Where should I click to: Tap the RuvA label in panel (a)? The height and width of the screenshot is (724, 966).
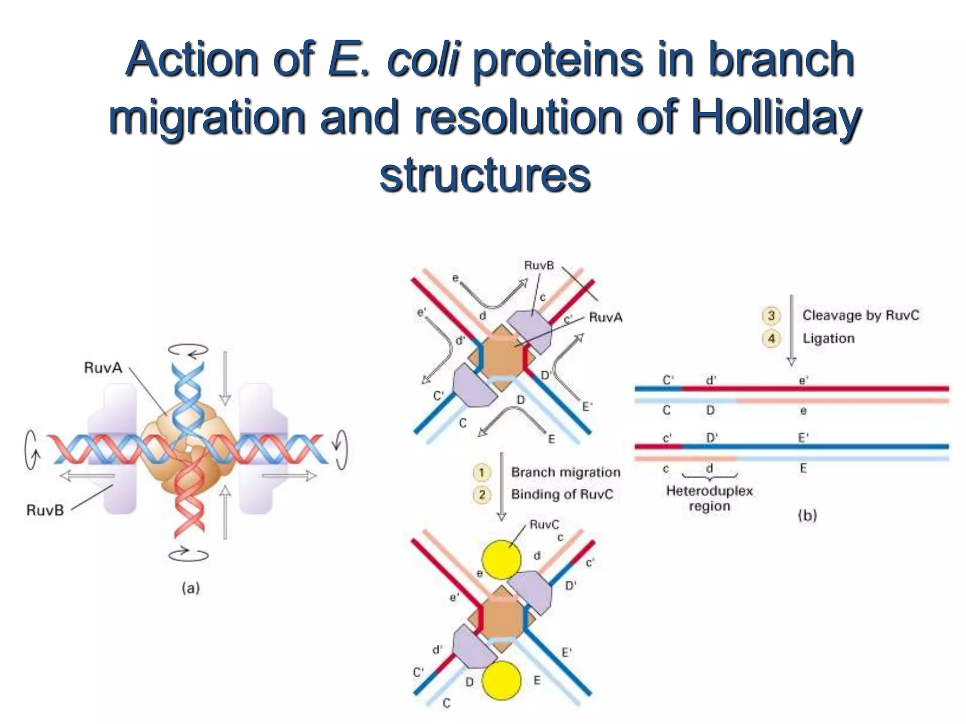pos(103,368)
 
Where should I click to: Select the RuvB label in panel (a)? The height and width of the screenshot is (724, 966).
pos(45,510)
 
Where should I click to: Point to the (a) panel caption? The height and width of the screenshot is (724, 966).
pos(191,588)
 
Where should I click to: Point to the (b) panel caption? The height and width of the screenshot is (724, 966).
pos(807,515)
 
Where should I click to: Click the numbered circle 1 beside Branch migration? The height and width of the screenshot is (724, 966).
pos(482,472)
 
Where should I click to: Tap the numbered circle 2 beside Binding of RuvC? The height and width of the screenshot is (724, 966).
pos(482,494)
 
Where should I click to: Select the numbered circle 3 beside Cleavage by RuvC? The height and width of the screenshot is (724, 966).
pos(771,315)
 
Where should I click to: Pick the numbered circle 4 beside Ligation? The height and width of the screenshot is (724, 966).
pos(771,338)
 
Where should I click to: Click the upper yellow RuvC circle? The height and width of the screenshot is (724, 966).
pos(501,560)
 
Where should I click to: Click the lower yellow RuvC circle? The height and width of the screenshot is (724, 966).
pos(501,680)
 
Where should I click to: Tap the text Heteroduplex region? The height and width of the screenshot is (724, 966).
pos(709,498)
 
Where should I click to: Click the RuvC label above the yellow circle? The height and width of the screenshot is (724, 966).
pos(544,525)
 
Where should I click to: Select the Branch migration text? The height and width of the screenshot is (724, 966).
pos(566,472)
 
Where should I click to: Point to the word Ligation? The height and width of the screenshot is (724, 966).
pos(828,338)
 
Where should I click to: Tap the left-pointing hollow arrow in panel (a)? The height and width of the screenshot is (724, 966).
pos(87,476)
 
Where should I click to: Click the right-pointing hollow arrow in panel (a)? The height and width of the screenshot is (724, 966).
pos(289,476)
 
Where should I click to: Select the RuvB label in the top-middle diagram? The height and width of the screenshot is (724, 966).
pos(539,265)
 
